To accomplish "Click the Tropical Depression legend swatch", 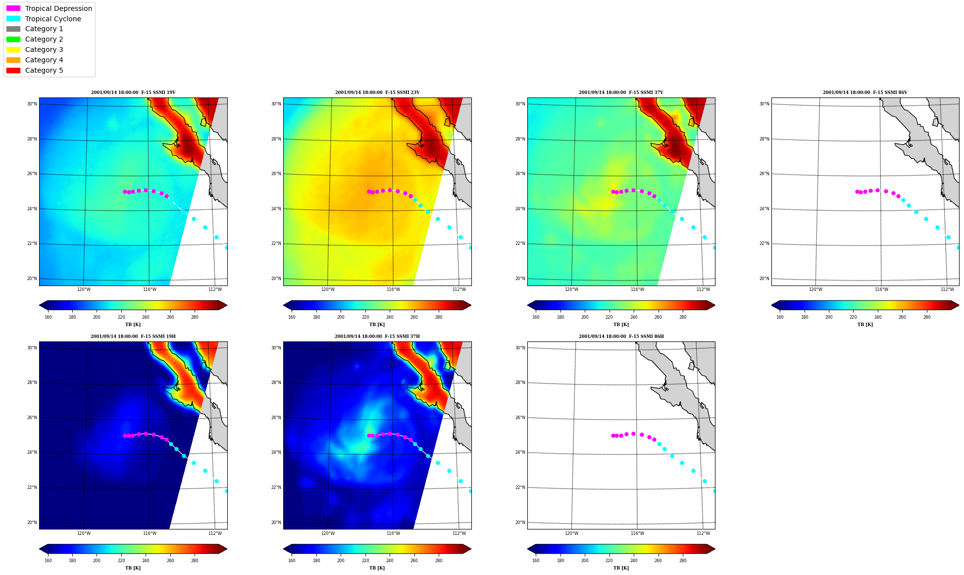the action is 13,8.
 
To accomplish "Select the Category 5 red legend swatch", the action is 13,70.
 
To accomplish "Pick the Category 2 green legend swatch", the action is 13,39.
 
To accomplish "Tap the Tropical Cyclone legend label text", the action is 53,19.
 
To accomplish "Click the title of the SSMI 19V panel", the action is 133,93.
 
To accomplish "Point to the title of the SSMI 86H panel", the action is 621,336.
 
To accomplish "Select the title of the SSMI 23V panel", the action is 377,93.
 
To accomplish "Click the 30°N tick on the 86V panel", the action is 764,104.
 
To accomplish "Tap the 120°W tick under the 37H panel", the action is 328,533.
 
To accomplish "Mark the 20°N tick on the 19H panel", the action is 32,523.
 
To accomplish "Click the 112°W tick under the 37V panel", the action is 703,289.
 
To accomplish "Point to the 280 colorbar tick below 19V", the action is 195,317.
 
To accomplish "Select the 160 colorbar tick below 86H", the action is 536,561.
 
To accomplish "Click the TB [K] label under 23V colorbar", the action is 377,325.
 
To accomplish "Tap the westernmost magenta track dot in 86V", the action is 857,192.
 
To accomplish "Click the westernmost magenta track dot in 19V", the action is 125,192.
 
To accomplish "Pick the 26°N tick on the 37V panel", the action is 520,174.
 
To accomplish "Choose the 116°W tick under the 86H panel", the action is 637,533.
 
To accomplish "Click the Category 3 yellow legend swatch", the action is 13,49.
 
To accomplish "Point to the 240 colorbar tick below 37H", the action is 390,561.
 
